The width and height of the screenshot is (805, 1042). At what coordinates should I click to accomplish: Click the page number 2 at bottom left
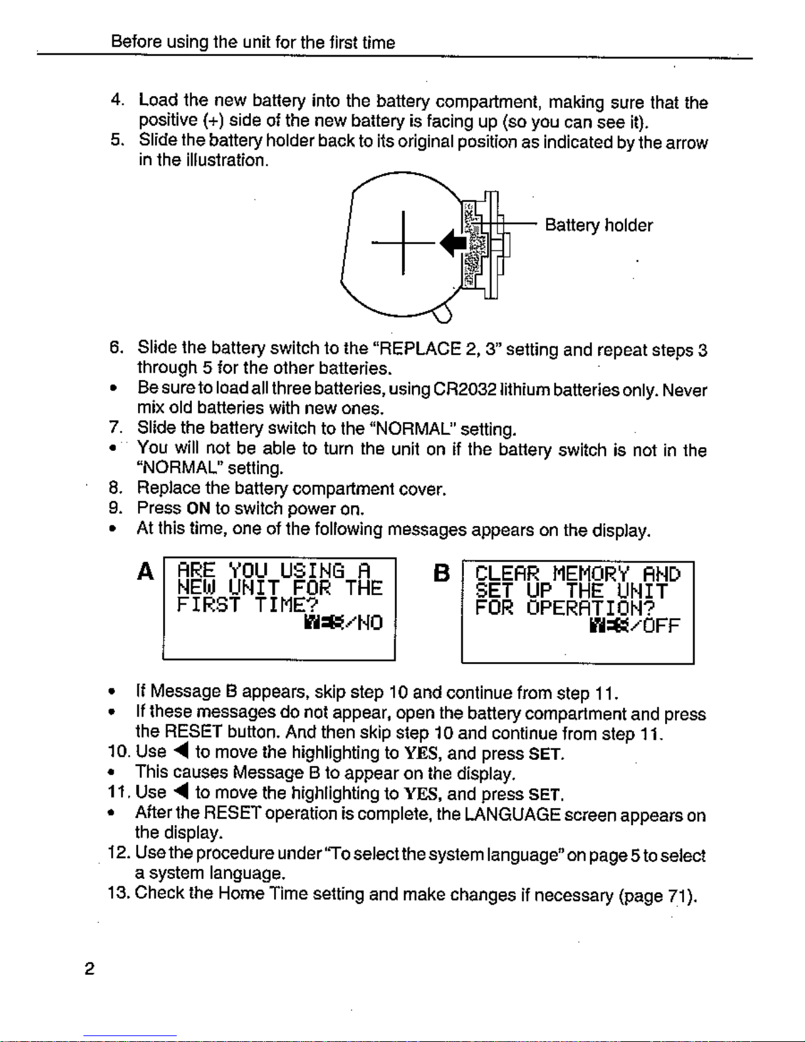point(89,969)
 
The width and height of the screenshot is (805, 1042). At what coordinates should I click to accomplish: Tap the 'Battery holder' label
point(599,225)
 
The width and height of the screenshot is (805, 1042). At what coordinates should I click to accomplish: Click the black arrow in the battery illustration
point(453,243)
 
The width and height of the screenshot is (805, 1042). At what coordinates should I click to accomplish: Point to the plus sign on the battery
point(403,243)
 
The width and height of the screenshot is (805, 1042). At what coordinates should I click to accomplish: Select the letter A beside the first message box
point(146,571)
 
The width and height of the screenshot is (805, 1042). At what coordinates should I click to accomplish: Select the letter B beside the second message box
point(442,573)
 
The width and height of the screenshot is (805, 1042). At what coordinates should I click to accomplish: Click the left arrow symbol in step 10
point(182,751)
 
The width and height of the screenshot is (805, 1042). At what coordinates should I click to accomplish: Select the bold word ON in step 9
point(198,508)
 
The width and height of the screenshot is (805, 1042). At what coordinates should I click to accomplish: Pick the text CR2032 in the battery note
point(465,389)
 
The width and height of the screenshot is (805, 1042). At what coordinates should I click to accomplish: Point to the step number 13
point(118,893)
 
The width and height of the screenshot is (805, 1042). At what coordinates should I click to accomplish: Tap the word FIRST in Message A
point(208,605)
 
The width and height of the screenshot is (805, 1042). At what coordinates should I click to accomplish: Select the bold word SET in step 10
point(545,754)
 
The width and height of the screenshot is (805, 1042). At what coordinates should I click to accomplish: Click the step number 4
point(117,100)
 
